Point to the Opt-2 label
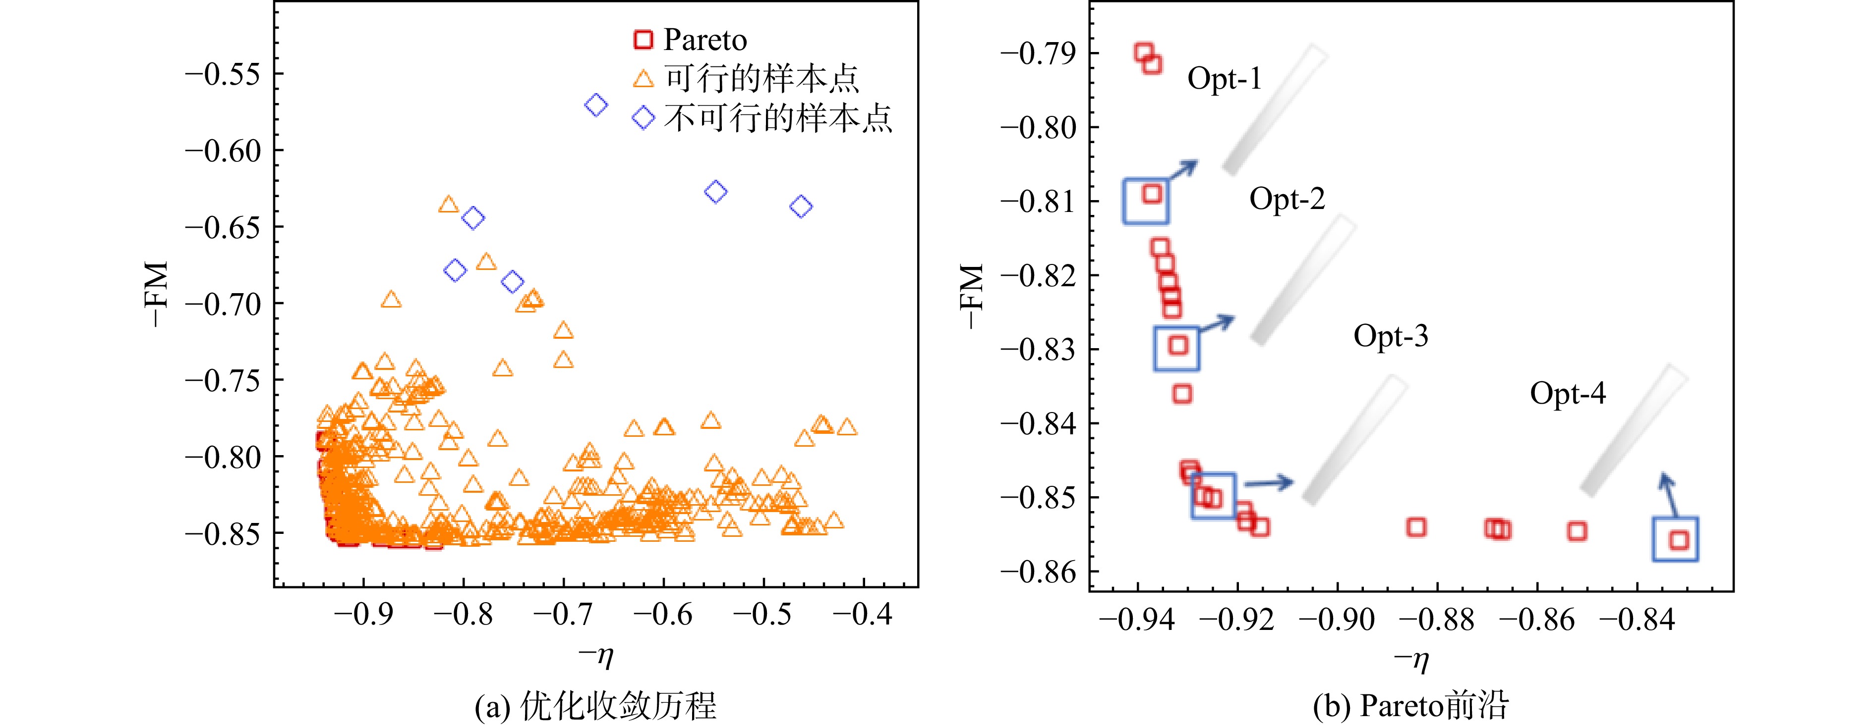(x=1287, y=199)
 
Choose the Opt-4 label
(x=1568, y=393)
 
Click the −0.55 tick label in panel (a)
(x=223, y=74)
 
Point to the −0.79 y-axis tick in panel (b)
(x=1038, y=53)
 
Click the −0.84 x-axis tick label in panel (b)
(x=1637, y=620)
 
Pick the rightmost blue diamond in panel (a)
(x=800, y=207)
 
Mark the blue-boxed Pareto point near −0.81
(x=1152, y=193)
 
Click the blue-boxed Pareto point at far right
(x=1678, y=540)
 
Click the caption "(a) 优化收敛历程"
(x=596, y=706)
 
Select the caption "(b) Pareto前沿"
(x=1411, y=706)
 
